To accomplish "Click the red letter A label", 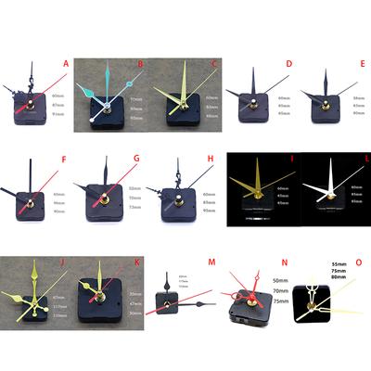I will point(66,64).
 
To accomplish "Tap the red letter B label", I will point(140,64).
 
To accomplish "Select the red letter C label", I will point(213,64).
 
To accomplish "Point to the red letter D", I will point(288,64).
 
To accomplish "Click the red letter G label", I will point(136,159).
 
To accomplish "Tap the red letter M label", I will point(211,262).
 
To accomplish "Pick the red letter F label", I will point(65,159).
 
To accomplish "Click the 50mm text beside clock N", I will point(279,279).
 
